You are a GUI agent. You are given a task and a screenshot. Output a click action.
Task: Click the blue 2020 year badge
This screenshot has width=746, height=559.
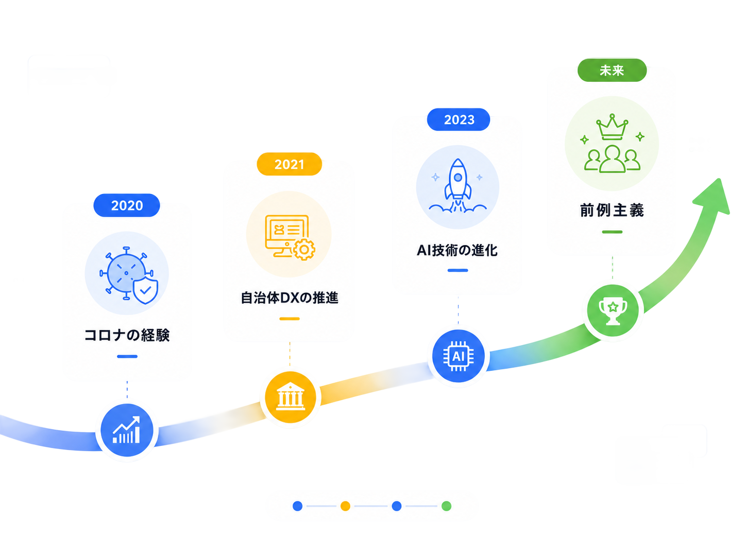coord(126,205)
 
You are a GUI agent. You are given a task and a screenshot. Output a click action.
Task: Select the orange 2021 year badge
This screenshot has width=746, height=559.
coord(289,164)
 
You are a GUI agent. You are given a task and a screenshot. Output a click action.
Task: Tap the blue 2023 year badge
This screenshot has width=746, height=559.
coord(459,119)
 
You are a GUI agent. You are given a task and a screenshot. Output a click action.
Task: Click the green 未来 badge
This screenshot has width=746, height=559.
coord(612,70)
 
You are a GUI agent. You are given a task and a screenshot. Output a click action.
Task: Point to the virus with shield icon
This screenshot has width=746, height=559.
coord(129,275)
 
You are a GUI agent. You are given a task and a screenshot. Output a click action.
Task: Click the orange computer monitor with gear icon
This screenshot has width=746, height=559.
coord(290,237)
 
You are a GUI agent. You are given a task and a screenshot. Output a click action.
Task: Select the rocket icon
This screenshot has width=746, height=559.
coord(457,186)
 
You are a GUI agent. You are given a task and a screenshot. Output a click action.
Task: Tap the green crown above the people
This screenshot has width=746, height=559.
coord(612,127)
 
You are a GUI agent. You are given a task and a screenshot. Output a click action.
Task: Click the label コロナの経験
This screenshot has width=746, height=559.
coord(127,335)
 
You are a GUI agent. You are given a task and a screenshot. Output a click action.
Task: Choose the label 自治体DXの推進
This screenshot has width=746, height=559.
coord(290,298)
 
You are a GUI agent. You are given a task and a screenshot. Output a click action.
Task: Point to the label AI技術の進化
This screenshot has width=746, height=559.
coord(457,250)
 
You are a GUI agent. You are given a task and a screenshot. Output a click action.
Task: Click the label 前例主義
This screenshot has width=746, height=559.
coord(612,210)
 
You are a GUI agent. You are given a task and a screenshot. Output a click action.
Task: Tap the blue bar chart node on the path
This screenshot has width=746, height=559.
coord(127,430)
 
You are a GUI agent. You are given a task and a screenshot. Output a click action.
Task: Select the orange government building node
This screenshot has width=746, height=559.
coord(290,397)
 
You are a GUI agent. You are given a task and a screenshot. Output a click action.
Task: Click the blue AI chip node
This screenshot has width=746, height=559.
coord(458,356)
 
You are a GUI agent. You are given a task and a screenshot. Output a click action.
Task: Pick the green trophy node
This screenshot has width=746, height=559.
coord(613,310)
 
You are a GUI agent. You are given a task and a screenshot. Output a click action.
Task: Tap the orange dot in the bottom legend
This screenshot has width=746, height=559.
coord(345,505)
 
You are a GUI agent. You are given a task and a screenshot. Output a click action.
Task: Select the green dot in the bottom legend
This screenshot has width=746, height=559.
coord(446,505)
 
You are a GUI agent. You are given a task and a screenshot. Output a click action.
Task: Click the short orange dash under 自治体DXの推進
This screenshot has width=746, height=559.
coord(290,319)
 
